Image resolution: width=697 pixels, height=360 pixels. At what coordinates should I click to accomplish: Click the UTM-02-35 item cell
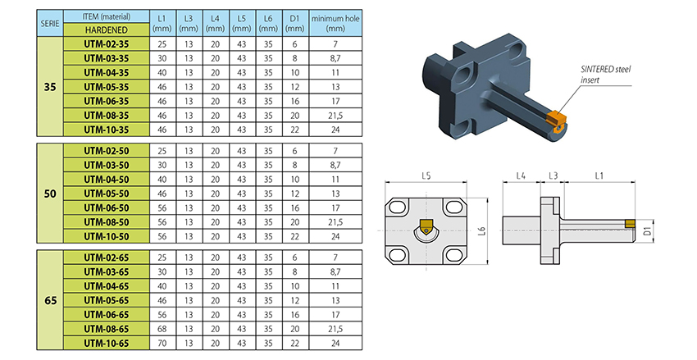tap(107, 44)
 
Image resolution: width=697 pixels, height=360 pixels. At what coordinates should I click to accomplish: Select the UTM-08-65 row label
tap(107, 329)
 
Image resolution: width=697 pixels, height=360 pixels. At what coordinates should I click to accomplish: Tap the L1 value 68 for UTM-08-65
tap(162, 329)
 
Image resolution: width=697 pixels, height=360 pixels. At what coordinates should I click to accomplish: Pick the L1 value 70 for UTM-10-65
tap(162, 343)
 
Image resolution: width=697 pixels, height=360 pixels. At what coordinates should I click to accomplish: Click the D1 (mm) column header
tap(295, 23)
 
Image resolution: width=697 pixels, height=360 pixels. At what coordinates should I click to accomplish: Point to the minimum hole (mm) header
tap(335, 23)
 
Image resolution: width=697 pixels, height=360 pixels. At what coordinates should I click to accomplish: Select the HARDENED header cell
tap(107, 30)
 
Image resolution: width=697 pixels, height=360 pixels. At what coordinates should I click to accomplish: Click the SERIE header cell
tap(50, 23)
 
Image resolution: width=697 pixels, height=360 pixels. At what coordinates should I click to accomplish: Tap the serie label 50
tap(50, 194)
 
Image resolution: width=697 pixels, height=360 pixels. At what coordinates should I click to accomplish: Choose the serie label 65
tap(50, 300)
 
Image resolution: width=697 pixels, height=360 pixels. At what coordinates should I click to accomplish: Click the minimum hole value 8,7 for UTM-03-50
tap(335, 165)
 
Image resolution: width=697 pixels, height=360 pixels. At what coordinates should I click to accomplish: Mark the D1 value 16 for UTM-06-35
tap(295, 101)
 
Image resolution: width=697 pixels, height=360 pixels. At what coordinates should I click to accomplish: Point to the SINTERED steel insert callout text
tap(605, 75)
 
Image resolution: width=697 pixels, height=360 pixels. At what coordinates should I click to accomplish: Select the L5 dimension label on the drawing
tap(426, 176)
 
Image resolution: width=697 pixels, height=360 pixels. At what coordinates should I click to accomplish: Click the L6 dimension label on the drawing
tap(482, 230)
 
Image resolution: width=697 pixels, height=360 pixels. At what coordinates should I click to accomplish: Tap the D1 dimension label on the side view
tap(647, 231)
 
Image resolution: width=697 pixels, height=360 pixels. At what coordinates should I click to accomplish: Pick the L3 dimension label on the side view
tap(553, 176)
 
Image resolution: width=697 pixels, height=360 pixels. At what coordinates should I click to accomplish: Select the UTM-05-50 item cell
tap(107, 194)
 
